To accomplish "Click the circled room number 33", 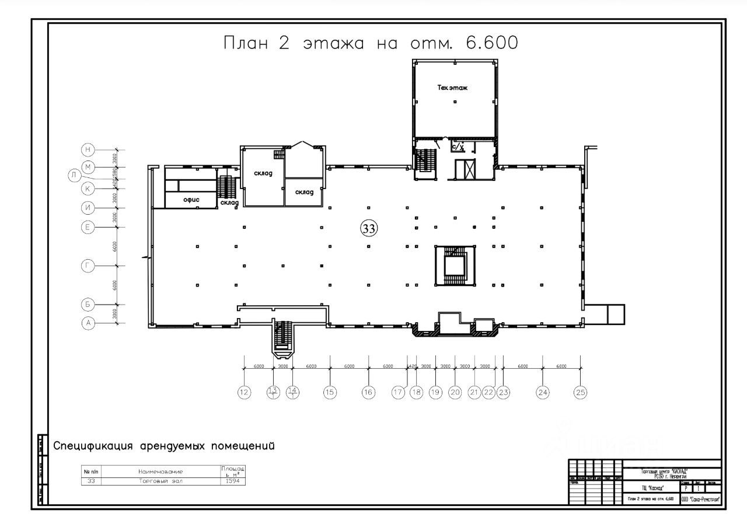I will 369,229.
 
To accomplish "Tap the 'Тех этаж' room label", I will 453,88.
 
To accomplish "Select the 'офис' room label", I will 191,200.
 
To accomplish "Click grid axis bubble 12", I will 244,393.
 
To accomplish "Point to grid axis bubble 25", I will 580,393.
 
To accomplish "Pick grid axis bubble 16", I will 368,393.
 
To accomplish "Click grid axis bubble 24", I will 543,393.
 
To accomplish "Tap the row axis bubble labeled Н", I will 88,149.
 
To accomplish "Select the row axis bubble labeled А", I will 88,324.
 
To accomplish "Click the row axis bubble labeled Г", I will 88,266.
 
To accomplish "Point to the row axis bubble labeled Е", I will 88,227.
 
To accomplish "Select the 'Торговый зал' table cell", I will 160,481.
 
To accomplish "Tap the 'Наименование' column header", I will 160,472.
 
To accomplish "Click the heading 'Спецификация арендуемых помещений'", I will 164,446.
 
